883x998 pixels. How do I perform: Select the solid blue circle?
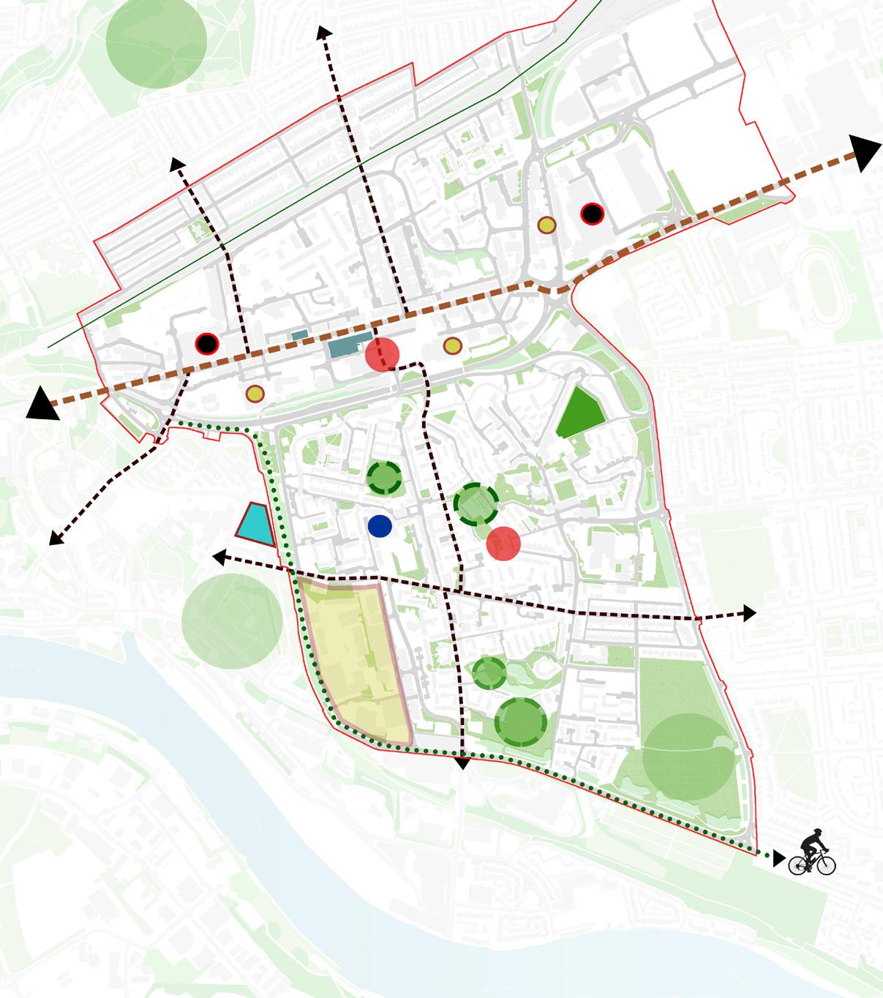tap(380, 525)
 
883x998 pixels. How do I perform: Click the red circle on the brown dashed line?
tap(382, 355)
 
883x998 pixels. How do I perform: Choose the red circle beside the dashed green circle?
tap(503, 544)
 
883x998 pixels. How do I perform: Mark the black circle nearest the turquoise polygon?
tap(207, 342)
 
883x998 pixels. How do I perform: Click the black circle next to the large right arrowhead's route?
tap(592, 214)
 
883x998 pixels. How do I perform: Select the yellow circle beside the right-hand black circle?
tap(546, 225)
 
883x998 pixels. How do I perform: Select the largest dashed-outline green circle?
tap(520, 721)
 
